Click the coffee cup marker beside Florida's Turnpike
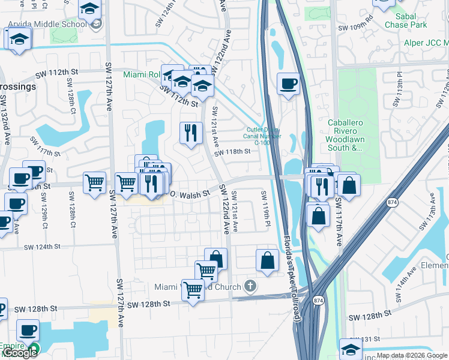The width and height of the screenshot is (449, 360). click(x=288, y=84)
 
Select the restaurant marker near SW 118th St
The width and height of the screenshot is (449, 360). click(x=191, y=133)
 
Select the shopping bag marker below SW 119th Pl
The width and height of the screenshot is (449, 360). click(x=268, y=260)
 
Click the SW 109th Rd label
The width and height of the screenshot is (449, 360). click(x=356, y=28)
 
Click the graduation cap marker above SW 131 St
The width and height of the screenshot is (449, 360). click(x=351, y=349)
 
